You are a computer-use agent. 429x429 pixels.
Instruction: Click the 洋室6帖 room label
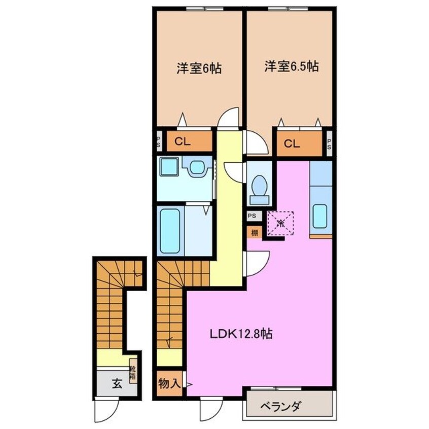click(x=199, y=69)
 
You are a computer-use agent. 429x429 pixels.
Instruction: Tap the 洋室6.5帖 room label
click(x=291, y=66)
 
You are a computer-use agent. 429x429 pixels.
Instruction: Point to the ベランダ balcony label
click(x=281, y=407)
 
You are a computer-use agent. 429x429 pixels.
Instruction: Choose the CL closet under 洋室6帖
click(x=183, y=142)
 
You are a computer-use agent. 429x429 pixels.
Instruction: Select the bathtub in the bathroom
click(x=168, y=231)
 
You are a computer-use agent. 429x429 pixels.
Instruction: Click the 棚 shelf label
click(x=254, y=233)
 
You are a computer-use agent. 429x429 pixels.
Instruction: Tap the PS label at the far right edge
click(x=329, y=144)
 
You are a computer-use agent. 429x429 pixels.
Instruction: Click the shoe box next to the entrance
click(x=132, y=374)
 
